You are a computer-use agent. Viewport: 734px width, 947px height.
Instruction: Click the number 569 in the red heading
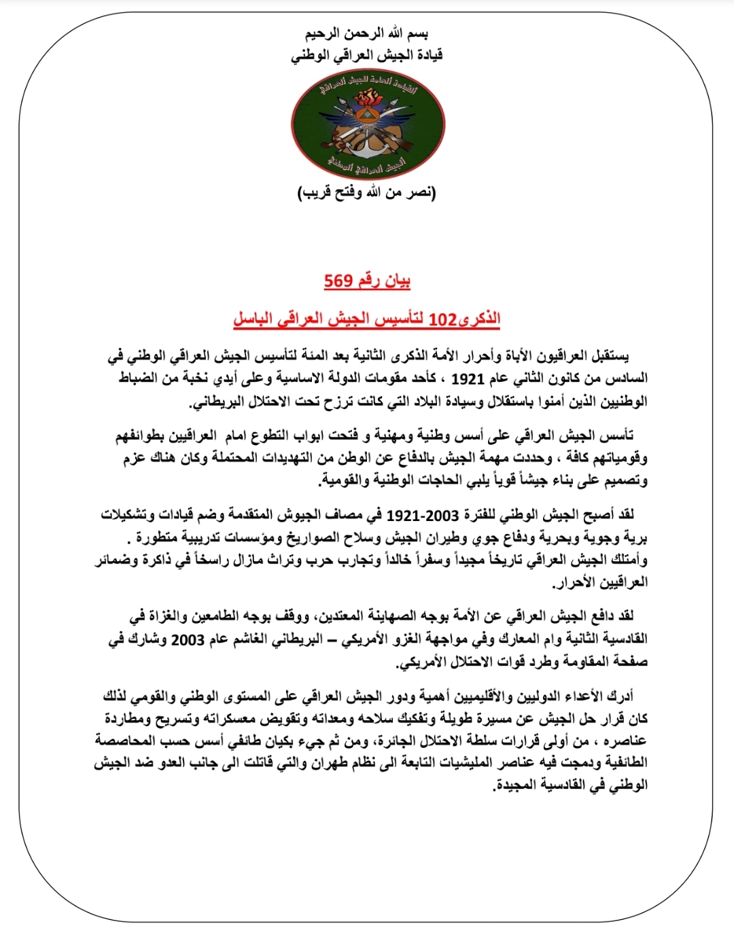click(x=338, y=281)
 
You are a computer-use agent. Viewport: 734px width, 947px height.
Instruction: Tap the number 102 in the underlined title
click(x=442, y=319)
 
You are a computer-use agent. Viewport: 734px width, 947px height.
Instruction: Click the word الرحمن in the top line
click(x=366, y=33)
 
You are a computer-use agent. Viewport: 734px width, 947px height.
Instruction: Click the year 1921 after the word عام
click(x=468, y=378)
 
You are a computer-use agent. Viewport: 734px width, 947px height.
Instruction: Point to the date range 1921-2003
click(x=423, y=515)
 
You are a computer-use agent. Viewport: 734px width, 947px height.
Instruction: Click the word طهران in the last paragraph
click(x=332, y=763)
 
